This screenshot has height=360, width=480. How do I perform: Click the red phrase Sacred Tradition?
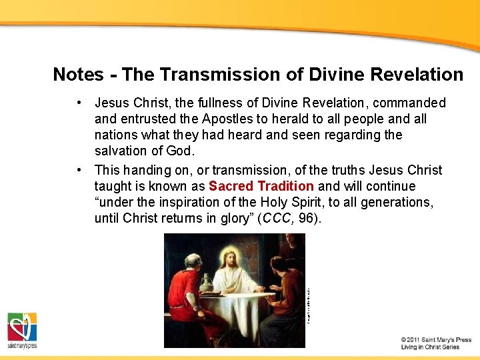click(x=261, y=186)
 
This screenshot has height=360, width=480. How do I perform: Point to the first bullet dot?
click(x=79, y=103)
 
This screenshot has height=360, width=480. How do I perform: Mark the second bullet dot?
click(x=79, y=170)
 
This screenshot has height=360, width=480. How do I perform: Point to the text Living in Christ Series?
click(x=431, y=347)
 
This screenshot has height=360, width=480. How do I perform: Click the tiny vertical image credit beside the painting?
click(x=309, y=304)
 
